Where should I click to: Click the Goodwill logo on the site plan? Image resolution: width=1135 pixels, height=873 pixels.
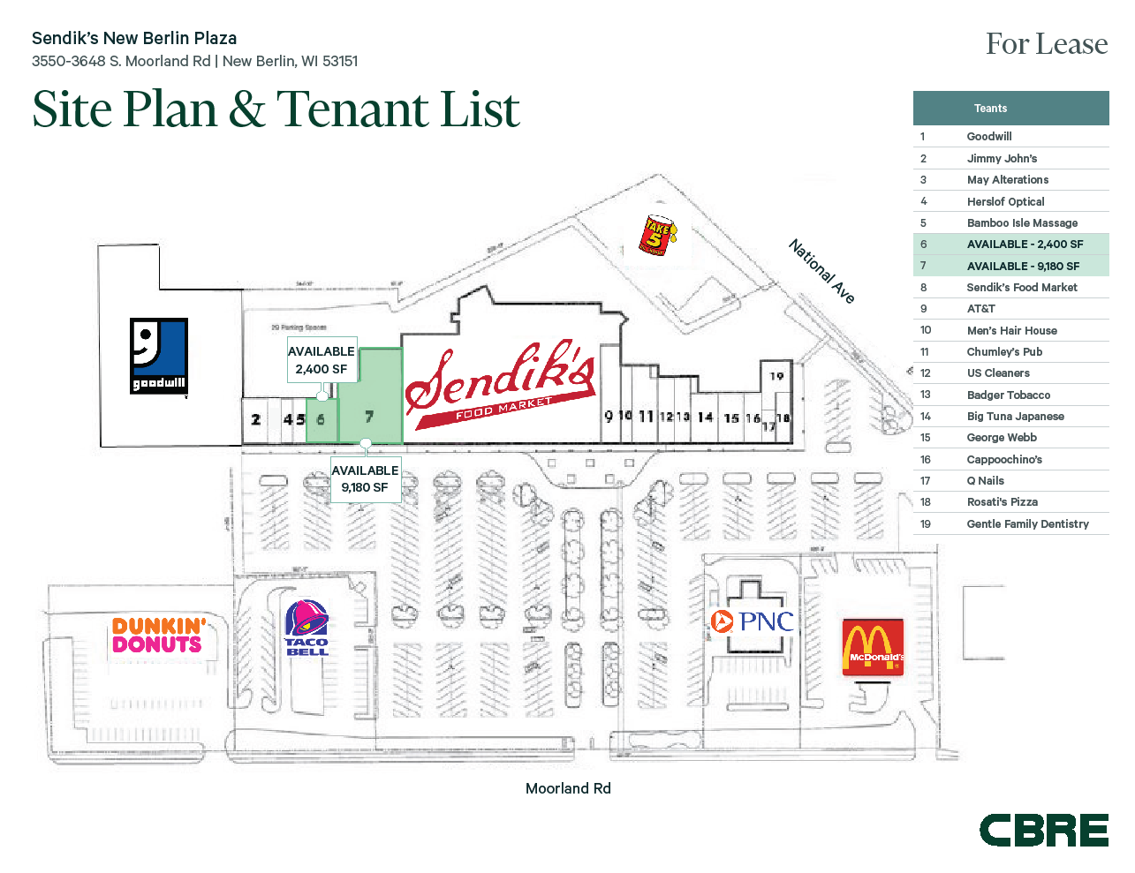[159, 356]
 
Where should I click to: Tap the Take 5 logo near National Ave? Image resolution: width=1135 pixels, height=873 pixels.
[658, 235]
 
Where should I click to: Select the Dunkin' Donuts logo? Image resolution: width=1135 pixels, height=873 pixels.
[158, 636]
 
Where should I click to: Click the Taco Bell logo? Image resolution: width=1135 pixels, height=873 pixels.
[306, 628]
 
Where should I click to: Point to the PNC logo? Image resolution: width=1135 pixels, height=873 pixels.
[753, 621]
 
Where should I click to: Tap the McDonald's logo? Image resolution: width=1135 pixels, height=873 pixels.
[873, 647]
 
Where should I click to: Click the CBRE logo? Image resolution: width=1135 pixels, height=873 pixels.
[1043, 831]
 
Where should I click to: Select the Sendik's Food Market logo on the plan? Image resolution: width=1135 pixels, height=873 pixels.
[500, 385]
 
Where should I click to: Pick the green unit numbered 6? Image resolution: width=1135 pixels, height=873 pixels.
[322, 420]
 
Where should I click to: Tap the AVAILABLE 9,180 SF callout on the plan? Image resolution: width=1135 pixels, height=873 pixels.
[365, 478]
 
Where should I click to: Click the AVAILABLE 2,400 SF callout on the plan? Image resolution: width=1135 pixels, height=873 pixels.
[322, 360]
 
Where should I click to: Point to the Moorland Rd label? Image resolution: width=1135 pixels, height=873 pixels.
[568, 788]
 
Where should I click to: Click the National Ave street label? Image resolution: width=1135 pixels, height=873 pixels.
[821, 271]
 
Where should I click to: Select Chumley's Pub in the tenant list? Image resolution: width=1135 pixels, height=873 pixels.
[1004, 351]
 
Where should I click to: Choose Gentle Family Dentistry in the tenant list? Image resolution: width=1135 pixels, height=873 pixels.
[1027, 523]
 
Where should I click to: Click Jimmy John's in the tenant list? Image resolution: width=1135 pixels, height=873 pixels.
[1002, 158]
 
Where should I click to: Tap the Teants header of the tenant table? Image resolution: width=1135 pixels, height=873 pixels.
[990, 109]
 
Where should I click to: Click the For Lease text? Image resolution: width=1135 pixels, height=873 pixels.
[1046, 44]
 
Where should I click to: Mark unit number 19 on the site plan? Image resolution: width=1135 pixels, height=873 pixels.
[776, 376]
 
